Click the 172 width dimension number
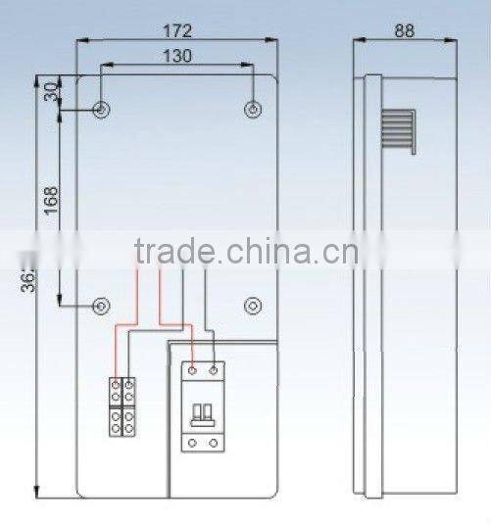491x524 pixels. tap(177, 29)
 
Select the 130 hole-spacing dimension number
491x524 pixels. tap(177, 56)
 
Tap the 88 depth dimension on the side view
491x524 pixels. tap(404, 29)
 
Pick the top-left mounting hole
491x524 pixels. tap(102, 109)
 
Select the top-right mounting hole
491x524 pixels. tap(253, 109)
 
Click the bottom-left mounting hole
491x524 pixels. tap(102, 307)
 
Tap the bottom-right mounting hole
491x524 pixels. tap(253, 307)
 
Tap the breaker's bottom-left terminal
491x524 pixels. tap(193, 443)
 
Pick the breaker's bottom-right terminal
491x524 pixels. tap(213, 443)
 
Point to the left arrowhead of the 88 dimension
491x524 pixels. tap(358, 41)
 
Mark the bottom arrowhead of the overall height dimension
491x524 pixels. tap(37, 495)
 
